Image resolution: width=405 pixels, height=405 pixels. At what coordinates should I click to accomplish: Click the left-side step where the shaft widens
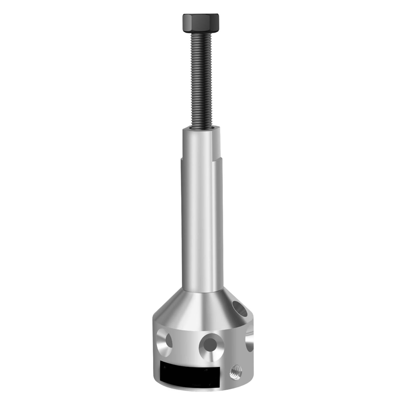tap(181, 159)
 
